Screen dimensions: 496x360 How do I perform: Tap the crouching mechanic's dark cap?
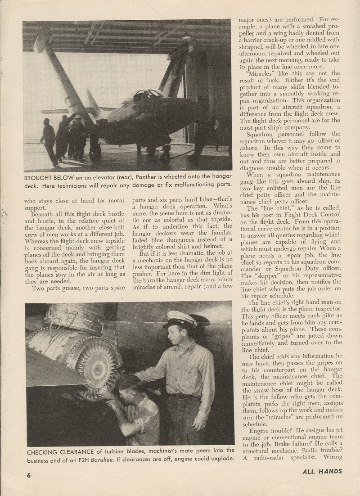click(x=128, y=382)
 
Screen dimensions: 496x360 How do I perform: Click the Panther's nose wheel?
click(x=165, y=158)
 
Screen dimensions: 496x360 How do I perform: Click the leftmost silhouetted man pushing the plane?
click(x=48, y=140)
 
